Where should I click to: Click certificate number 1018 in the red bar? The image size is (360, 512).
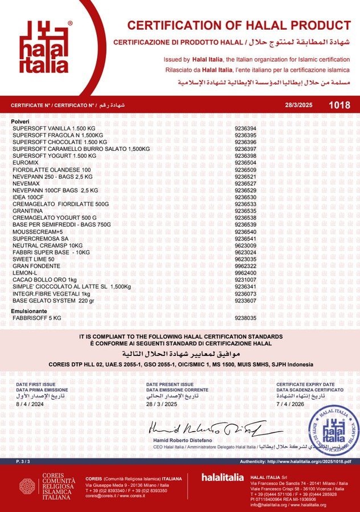(x=339, y=105)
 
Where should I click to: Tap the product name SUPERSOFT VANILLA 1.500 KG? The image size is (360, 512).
(x=54, y=129)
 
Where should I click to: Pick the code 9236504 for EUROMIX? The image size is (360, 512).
(x=246, y=163)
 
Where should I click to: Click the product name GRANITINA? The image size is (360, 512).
(x=28, y=211)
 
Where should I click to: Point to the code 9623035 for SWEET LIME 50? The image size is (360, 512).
(x=246, y=259)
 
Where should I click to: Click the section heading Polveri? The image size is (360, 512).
(x=21, y=122)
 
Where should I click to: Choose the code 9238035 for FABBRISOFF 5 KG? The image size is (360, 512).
(x=246, y=318)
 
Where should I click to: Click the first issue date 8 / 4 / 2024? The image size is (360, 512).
(x=30, y=403)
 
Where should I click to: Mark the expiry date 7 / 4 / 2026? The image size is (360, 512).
(x=290, y=403)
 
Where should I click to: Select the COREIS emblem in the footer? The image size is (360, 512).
(x=28, y=486)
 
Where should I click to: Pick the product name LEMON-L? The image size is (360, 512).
(x=25, y=273)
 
